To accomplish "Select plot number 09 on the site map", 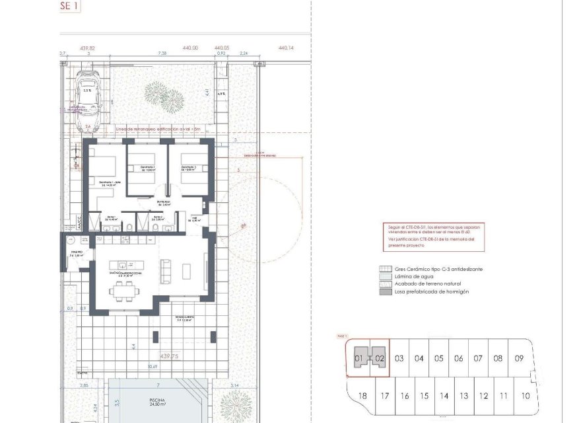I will pos(519,359).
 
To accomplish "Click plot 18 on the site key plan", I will pos(362,396).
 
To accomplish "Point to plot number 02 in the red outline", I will pos(379,359).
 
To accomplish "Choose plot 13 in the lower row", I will pos(464,396).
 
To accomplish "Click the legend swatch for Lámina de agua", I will pos(383,277).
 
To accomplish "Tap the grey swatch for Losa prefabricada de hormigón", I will pos(383,291).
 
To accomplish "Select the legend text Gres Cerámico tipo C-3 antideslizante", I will pos(439,270).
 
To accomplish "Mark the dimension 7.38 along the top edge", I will pos(162,54).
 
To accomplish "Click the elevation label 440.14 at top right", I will pos(287,48).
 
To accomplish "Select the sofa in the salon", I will pos(165,269).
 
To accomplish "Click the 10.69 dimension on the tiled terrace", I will pos(153,366).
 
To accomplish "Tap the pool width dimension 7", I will pos(158,384).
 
